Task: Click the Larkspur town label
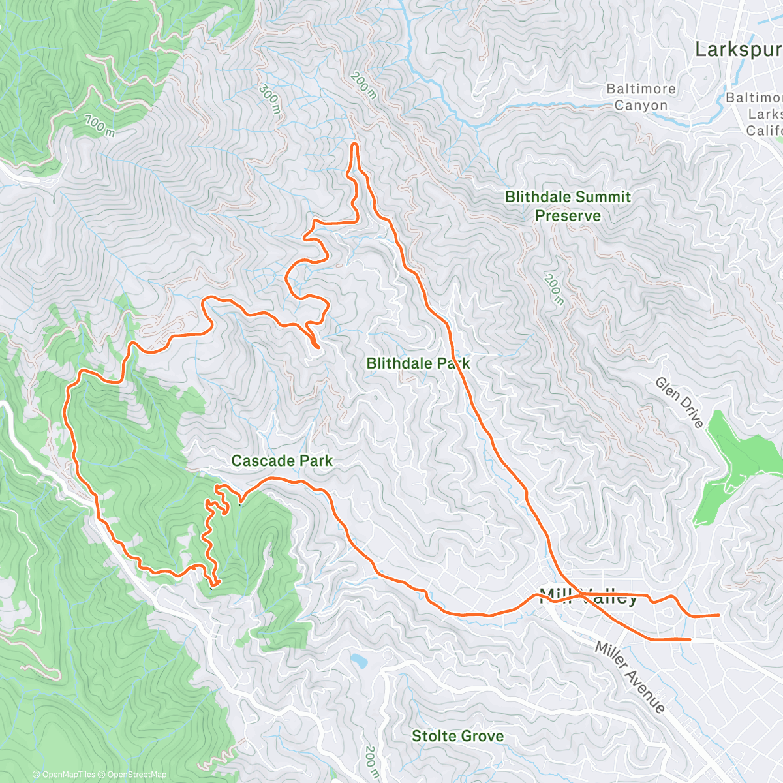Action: click(737, 50)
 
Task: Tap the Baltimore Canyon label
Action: click(641, 97)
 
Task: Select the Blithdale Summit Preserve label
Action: click(568, 206)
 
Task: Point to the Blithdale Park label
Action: click(418, 363)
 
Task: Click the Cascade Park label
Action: click(282, 461)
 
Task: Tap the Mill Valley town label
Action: click(588, 596)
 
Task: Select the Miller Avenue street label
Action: click(630, 677)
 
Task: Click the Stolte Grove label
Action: click(457, 737)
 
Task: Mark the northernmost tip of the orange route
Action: click(354, 144)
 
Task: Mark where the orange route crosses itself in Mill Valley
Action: click(579, 595)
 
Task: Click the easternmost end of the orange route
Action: click(718, 615)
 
